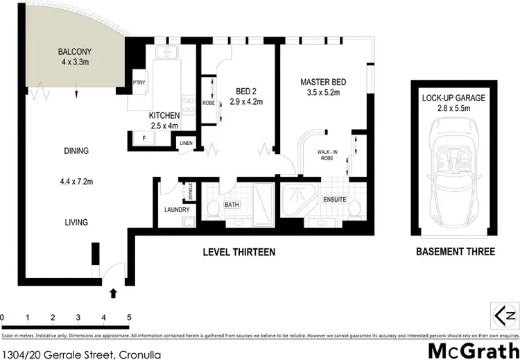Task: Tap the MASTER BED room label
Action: coord(323,83)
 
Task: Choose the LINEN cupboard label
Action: coord(185,143)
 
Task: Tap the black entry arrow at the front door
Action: coord(114,294)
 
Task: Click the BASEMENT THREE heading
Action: coord(455,252)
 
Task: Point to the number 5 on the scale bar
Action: coord(129,318)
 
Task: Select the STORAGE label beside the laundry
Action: coord(190,189)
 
